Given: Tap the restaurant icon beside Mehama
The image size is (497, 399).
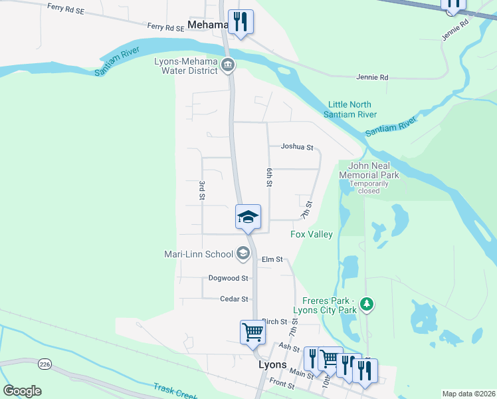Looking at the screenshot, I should [x=241, y=21].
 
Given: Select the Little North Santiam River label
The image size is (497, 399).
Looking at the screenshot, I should [x=349, y=110].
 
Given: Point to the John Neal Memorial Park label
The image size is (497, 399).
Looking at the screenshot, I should [x=369, y=170].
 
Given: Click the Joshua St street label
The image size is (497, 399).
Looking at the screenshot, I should [x=296, y=147].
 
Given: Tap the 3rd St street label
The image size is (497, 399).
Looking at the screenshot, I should [x=201, y=189].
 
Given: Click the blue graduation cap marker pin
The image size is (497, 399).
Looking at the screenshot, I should [x=248, y=217].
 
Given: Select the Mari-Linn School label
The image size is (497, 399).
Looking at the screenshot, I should [x=199, y=254].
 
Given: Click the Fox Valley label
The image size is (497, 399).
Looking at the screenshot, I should [x=311, y=234].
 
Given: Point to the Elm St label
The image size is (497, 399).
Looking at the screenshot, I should [x=272, y=259].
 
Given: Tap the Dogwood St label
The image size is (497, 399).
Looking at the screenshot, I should [x=228, y=279].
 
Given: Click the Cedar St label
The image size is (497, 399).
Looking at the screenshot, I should [x=235, y=299].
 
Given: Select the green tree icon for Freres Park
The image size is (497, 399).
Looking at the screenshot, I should [x=366, y=305].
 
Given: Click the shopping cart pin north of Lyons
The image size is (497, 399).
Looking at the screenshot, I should [x=252, y=332].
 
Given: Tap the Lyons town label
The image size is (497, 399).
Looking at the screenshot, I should [x=272, y=365].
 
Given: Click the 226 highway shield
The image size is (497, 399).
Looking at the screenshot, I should [x=45, y=364].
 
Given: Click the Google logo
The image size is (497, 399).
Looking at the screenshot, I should [x=22, y=391].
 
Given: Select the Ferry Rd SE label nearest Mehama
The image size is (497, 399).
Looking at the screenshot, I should [x=165, y=27].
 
